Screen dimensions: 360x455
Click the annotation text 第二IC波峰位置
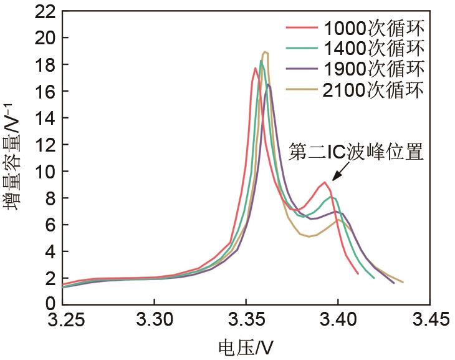(356, 152)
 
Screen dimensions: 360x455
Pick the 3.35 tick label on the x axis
(246, 320)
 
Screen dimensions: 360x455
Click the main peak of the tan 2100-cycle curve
(266, 52)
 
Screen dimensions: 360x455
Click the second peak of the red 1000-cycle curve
(325, 182)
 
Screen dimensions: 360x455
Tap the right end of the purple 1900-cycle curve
(393, 283)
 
